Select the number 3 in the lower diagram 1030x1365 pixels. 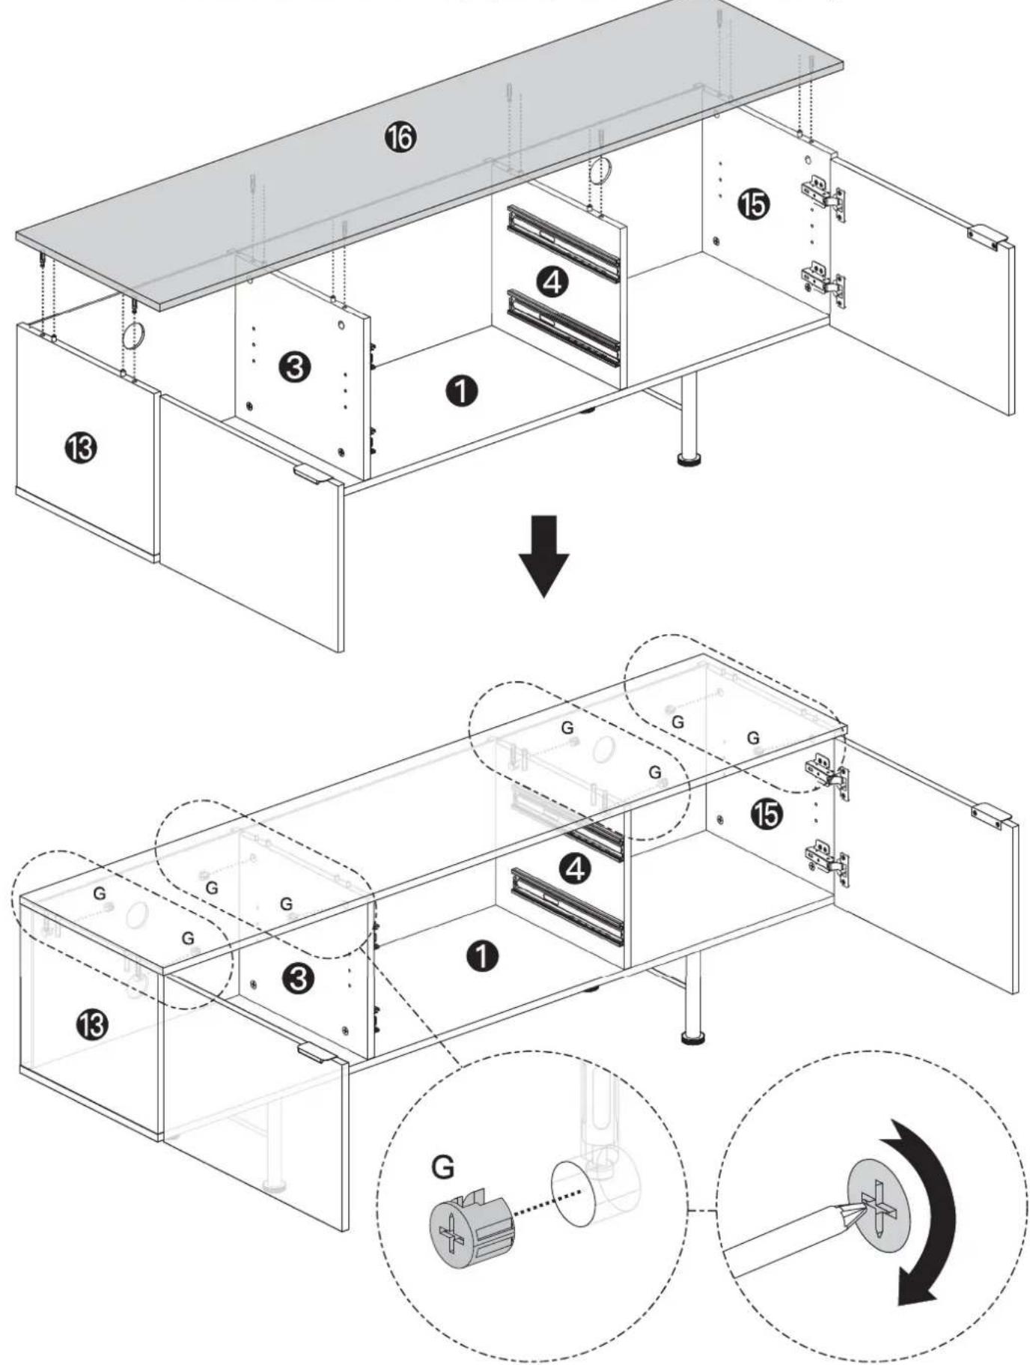pos(299,979)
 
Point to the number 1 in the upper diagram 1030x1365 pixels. pos(461,391)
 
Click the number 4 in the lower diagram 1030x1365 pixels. pos(576,869)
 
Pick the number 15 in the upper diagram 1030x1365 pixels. pos(752,204)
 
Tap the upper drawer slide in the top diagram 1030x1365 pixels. pos(564,243)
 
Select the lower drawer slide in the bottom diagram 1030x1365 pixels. pos(567,906)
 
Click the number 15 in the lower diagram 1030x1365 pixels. pos(767,814)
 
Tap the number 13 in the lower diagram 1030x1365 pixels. pos(90,1023)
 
